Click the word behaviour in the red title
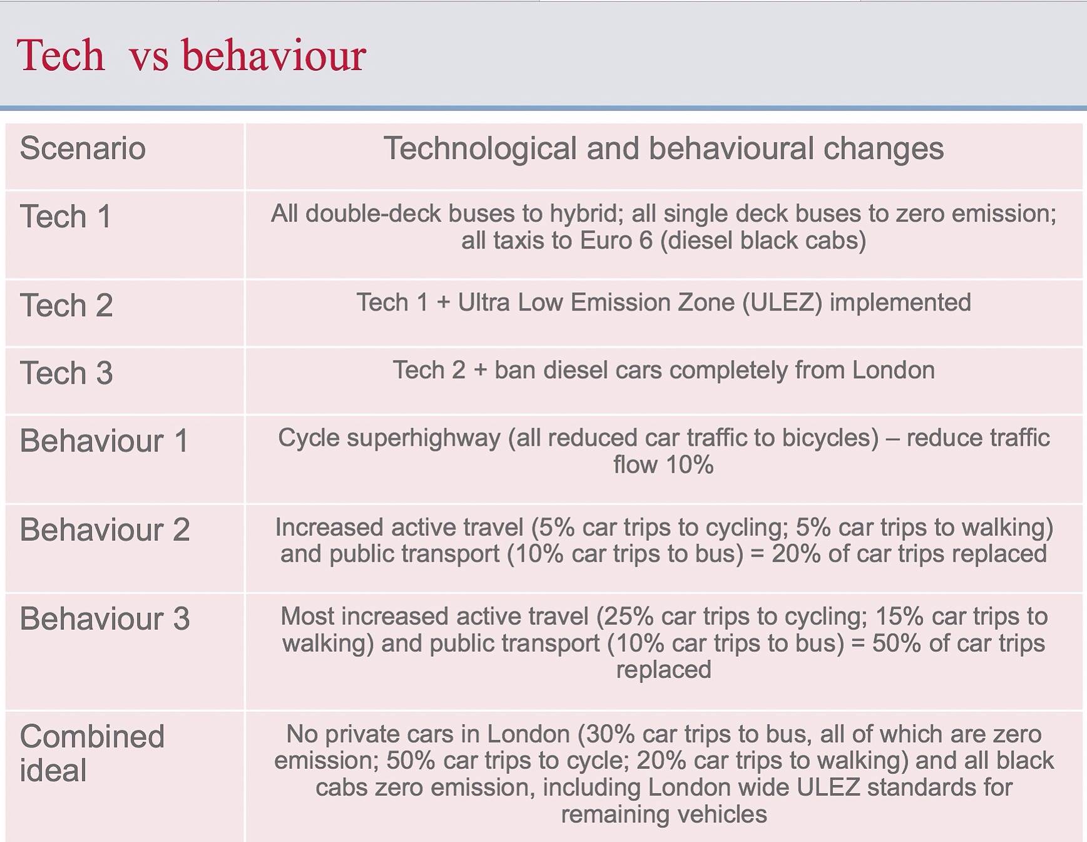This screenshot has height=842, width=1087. click(273, 56)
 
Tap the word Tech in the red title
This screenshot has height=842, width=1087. click(61, 56)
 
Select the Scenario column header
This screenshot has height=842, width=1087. click(83, 148)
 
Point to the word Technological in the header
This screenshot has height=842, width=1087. click(480, 150)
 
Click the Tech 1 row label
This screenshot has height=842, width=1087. click(66, 217)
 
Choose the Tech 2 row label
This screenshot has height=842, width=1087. click(66, 305)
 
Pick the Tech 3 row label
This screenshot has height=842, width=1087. click(66, 373)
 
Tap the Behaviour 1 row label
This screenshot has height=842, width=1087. click(104, 441)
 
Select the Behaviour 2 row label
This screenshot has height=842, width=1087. click(105, 530)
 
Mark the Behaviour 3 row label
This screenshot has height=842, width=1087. click(105, 619)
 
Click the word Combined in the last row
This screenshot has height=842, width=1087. click(92, 736)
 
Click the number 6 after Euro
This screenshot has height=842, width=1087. click(646, 241)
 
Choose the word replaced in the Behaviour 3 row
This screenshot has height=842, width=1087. click(664, 670)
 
